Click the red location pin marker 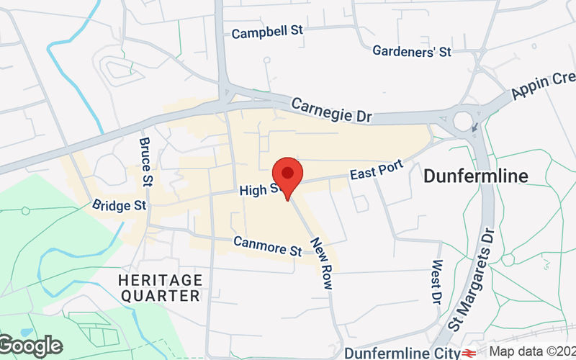click(287, 175)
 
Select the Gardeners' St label click(411, 51)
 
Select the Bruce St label click(146, 162)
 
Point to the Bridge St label click(120, 206)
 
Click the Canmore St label click(267, 246)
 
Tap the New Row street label click(321, 264)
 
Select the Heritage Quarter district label click(161, 287)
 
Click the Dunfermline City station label click(402, 353)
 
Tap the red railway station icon click(470, 353)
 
